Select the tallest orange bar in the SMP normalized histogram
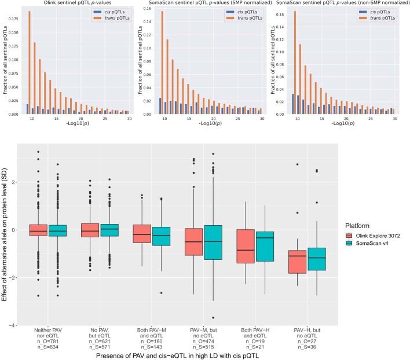[x=163, y=63]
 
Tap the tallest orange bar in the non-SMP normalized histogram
[x=296, y=62]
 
